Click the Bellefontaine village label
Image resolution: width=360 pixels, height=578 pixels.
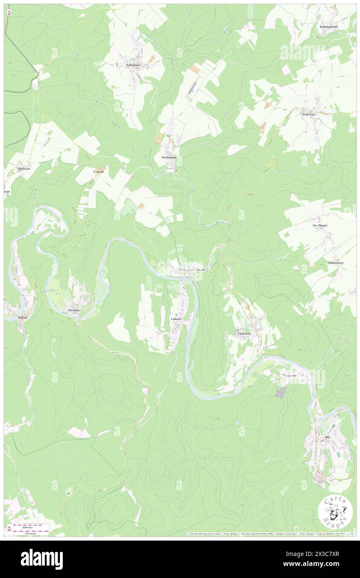point(328,27)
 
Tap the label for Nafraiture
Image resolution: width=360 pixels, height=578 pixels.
point(134,65)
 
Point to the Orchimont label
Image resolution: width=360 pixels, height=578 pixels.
point(169,158)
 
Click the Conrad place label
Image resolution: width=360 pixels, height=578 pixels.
point(98,171)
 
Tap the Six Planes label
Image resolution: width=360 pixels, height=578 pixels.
point(320,225)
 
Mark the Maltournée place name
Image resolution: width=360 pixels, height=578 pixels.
point(335,263)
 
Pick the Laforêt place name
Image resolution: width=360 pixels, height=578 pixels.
point(176,319)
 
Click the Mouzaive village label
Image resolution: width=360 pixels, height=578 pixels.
point(290,375)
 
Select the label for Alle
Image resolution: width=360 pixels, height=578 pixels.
point(327,437)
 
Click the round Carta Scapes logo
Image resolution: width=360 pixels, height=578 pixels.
point(335,511)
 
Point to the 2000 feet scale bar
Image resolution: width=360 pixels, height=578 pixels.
point(31,527)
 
